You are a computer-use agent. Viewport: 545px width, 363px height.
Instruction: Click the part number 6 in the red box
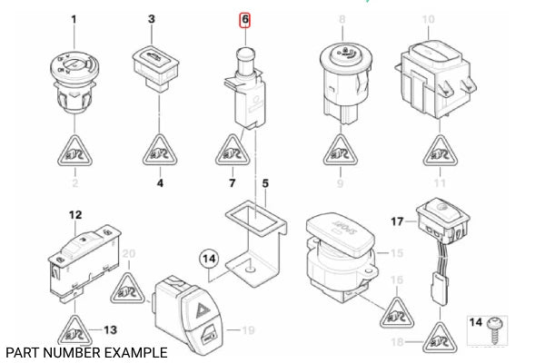244,19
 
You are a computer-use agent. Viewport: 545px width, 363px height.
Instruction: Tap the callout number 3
152,19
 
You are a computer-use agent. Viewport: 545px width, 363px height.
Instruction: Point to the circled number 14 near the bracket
209,260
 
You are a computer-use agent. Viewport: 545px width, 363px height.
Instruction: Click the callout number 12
76,215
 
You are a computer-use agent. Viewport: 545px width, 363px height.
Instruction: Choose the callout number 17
397,221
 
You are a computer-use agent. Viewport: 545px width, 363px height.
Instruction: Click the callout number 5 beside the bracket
265,183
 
